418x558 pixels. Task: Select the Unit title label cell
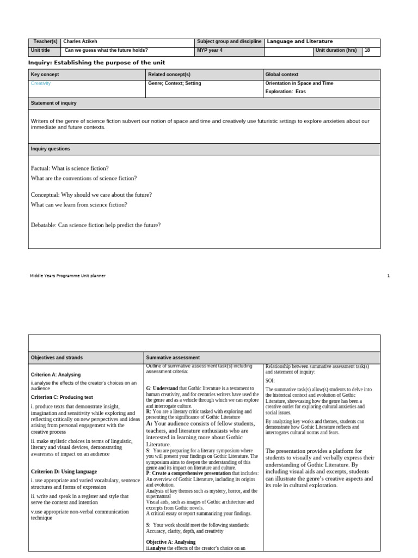pos(41,50)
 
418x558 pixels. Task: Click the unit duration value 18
pos(368,50)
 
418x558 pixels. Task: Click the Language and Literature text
pos(300,41)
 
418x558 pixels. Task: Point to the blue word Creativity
pos(41,83)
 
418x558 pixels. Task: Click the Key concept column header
pos(45,74)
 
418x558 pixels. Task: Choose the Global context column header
pos(282,74)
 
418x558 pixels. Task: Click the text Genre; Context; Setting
pos(175,83)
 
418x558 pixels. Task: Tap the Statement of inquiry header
pos(54,103)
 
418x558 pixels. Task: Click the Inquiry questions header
pos(51,149)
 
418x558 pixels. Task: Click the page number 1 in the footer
pos(389,276)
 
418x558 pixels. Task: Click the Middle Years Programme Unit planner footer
pos(67,276)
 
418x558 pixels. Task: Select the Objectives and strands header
pos(57,357)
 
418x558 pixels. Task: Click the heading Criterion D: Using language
pos(64,471)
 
